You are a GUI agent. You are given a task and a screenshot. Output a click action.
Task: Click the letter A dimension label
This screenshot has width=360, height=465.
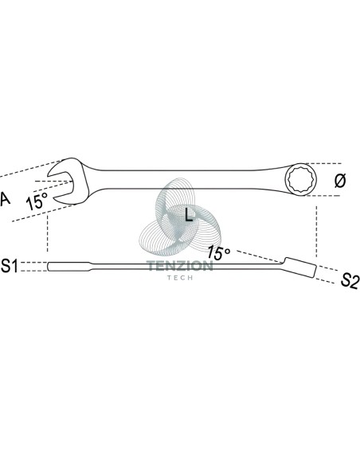point(5,199)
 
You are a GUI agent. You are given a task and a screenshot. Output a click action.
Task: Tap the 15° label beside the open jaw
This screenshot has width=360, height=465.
point(37,201)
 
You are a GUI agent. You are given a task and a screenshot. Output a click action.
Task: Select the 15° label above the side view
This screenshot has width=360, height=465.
point(218,252)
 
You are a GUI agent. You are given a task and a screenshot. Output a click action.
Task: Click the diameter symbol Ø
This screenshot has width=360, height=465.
point(340,181)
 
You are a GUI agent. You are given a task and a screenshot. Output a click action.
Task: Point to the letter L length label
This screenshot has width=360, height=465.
point(189,214)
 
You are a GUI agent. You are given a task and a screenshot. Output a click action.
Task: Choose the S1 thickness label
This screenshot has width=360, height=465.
point(10,266)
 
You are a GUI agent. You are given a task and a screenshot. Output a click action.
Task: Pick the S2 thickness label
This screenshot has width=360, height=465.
point(350,280)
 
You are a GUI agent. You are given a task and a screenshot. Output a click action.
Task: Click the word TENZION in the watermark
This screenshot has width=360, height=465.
point(180,266)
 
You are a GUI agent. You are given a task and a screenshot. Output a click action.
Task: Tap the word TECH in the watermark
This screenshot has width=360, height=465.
point(180,278)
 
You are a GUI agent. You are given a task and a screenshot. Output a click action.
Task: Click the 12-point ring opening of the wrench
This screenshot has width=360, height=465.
point(301,179)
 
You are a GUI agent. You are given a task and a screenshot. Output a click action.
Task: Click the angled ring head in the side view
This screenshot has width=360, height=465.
point(299,268)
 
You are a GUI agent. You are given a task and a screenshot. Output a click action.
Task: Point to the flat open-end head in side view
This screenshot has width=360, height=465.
point(69,266)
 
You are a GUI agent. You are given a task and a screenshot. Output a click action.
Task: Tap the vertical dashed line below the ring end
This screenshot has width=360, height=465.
point(316,232)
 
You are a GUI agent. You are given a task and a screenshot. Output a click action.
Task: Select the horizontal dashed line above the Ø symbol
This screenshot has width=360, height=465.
point(323,163)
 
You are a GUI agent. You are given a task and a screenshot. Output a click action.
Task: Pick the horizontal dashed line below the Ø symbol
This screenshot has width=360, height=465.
point(323,196)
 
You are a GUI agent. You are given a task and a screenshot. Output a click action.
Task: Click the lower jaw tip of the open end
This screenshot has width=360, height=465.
point(53,197)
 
